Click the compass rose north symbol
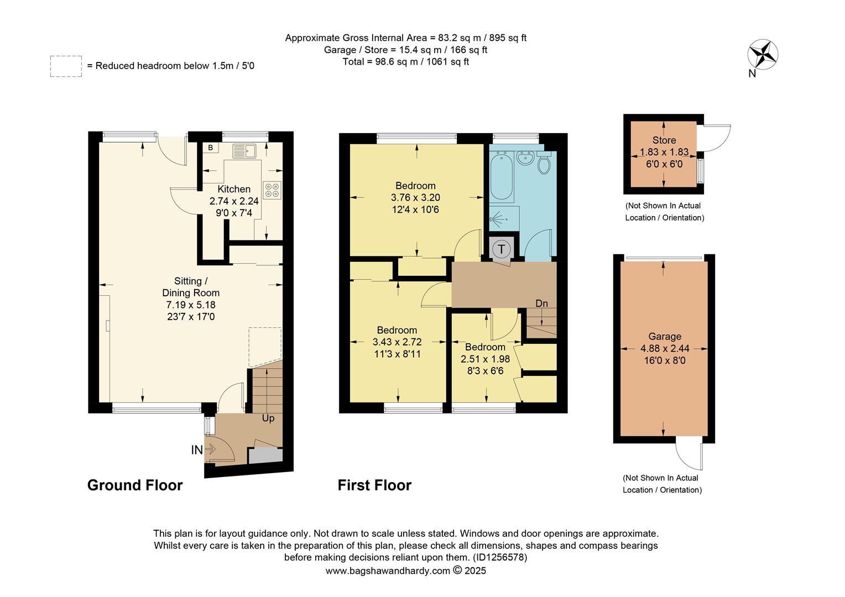click(x=763, y=55)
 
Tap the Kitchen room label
click(x=234, y=189)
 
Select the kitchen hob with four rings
click(x=272, y=190)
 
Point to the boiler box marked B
click(x=210, y=148)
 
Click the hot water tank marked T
click(x=502, y=249)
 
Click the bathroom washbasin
click(x=525, y=158)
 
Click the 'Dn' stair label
click(x=541, y=303)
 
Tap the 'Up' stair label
click(x=268, y=418)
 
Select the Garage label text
click(x=664, y=337)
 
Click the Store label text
click(x=664, y=140)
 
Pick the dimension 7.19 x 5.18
click(x=191, y=305)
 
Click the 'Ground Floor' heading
click(x=135, y=485)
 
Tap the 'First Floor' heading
click(x=374, y=485)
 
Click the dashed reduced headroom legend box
click(x=66, y=66)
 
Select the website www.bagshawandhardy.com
click(x=387, y=571)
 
